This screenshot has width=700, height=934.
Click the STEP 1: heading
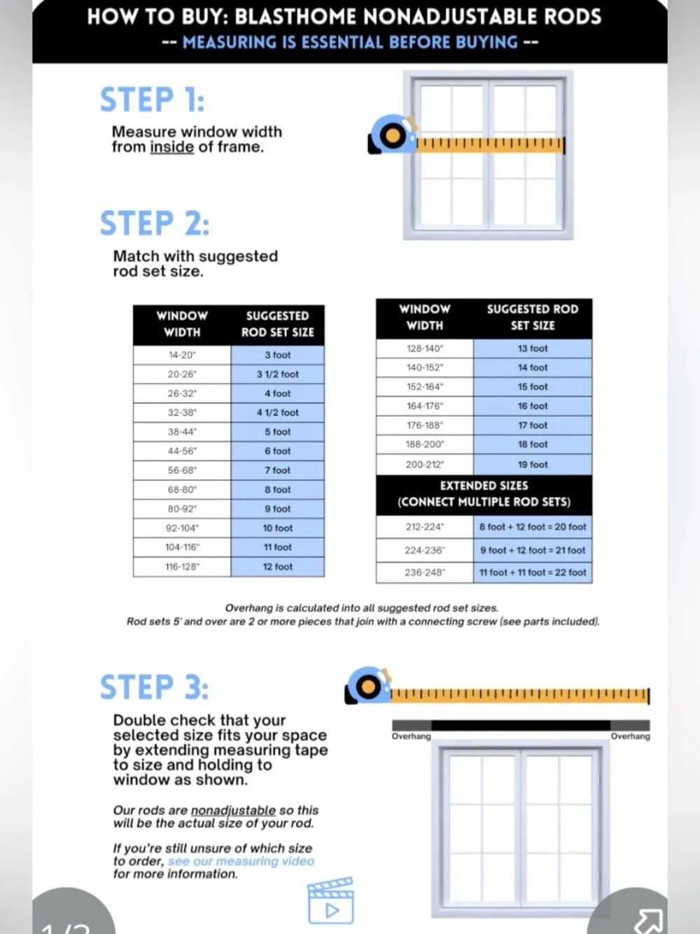click(x=152, y=100)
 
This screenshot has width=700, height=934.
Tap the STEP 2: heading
click(x=155, y=224)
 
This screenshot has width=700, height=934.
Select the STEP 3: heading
click(x=155, y=687)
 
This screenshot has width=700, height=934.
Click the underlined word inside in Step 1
click(x=171, y=147)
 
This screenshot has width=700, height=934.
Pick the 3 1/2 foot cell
click(x=277, y=374)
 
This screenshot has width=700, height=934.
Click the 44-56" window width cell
click(x=182, y=451)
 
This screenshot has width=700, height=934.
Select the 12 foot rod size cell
click(x=277, y=567)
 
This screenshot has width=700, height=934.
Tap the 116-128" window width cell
click(x=182, y=567)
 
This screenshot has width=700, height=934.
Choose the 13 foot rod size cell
click(x=533, y=348)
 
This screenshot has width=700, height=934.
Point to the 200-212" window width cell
click(x=425, y=465)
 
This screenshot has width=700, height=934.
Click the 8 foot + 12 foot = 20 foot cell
click(x=533, y=527)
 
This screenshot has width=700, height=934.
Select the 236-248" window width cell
click(x=425, y=572)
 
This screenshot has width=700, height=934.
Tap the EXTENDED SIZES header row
click(x=484, y=495)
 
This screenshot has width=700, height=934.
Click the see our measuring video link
click(x=241, y=861)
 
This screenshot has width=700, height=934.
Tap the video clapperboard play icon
click(x=331, y=900)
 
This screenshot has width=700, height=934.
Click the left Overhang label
click(x=412, y=736)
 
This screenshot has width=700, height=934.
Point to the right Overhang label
click(x=630, y=736)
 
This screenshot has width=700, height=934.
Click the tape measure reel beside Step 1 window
click(x=392, y=135)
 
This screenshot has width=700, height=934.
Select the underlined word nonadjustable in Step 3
click(x=233, y=810)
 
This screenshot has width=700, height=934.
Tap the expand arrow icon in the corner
click(x=649, y=921)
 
